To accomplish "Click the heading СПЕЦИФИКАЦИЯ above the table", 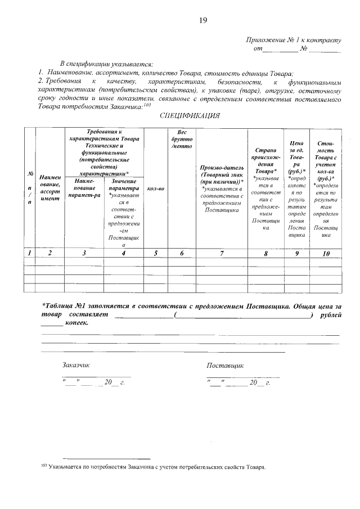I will [x=189, y=116].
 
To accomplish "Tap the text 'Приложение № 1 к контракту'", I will [x=293, y=40].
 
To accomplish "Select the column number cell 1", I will [x=29, y=254].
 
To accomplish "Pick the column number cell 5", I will [x=155, y=254].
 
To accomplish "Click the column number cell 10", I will [x=325, y=254].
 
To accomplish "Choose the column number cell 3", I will [x=84, y=254].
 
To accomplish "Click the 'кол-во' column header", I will [x=155, y=188].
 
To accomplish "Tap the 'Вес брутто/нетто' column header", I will [x=182, y=139].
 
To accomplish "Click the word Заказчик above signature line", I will [x=76, y=365].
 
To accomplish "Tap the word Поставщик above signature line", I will [x=225, y=365].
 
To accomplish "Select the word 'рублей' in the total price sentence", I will [x=329, y=315].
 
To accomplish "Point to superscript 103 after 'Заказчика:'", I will [x=147, y=105].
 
